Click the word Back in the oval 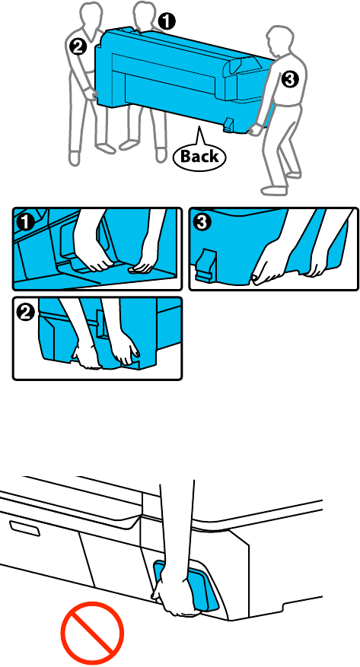click(199, 156)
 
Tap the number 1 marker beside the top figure click(167, 21)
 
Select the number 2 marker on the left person click(78, 46)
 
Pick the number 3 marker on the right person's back click(288, 79)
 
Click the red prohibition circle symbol click(93, 633)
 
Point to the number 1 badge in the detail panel click(26, 221)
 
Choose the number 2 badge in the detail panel click(25, 313)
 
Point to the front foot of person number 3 click(272, 189)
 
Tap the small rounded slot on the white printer click(25, 529)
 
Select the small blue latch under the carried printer click(228, 124)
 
